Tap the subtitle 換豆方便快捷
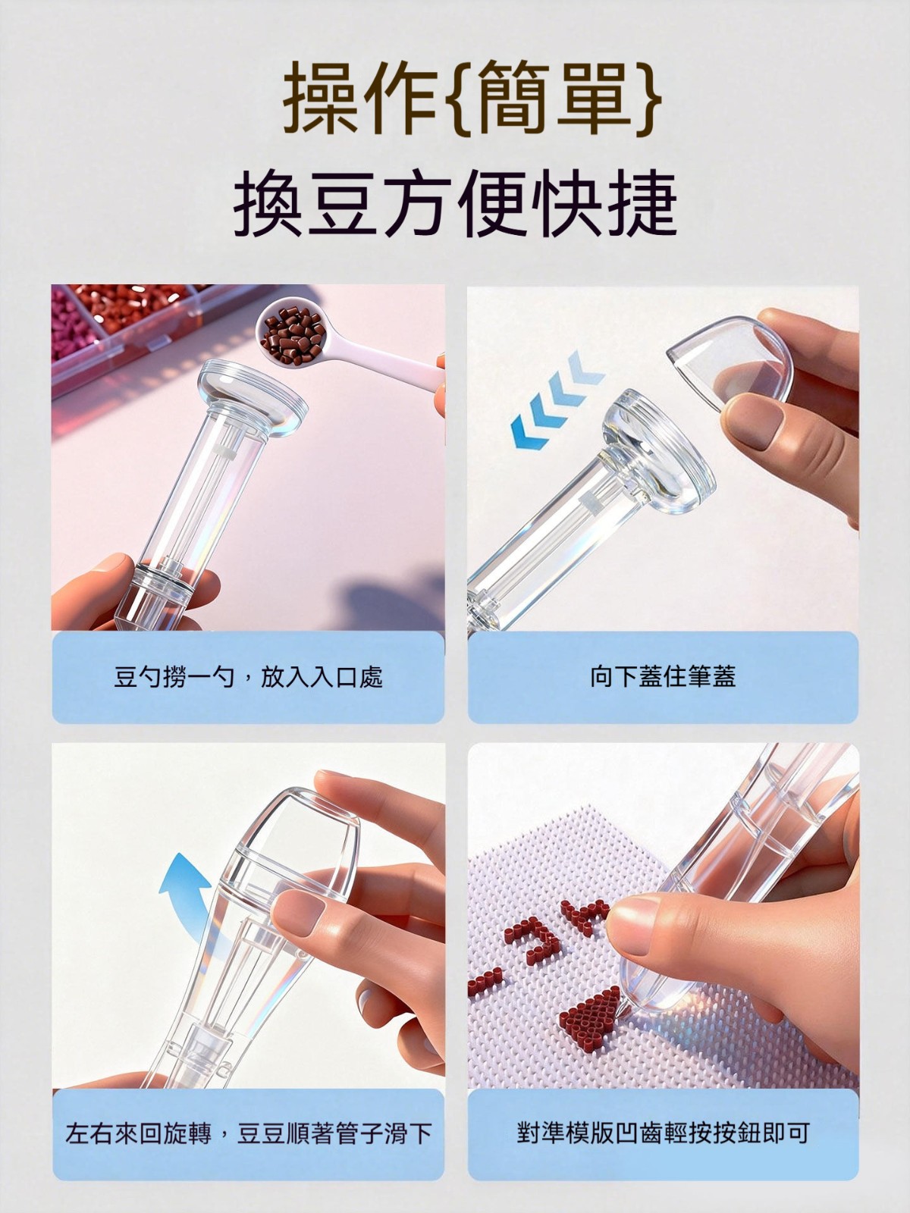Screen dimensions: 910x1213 point(455,204)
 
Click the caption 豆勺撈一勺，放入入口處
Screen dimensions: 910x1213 point(248,677)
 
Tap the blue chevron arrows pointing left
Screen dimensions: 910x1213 point(557,399)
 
